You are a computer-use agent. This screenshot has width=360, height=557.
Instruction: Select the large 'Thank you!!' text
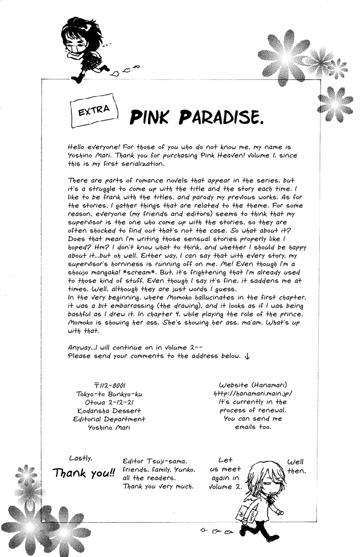tap(84, 473)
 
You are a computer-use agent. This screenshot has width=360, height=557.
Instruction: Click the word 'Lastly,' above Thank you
tap(80, 458)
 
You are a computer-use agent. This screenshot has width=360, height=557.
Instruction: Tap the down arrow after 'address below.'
tap(247, 356)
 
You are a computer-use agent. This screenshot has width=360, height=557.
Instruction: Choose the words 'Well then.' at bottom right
tap(296, 466)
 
